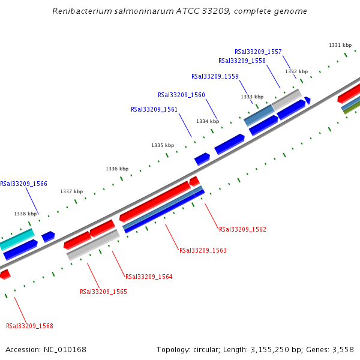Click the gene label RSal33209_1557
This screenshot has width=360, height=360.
coord(258,52)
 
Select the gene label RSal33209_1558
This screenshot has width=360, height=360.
coord(242,61)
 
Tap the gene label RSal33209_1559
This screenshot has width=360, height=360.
coord(215,76)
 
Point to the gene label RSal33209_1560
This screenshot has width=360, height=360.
coord(181,95)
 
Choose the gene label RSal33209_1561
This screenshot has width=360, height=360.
coord(154,109)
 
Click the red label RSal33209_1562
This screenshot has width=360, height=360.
coord(242,229)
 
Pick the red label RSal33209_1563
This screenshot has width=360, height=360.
coord(203,250)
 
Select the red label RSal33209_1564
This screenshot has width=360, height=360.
coord(149,277)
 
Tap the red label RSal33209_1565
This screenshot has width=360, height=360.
coord(103,292)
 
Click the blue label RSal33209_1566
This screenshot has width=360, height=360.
coord(24,184)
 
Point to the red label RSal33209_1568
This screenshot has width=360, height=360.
coord(29,326)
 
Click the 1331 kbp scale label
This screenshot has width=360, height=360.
coord(340,45)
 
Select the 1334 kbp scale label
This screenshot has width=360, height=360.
coord(207,121)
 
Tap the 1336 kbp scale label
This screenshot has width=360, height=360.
coord(117,169)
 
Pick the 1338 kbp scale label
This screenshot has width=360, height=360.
coord(25,214)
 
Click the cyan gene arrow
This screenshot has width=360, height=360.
coord(17,239)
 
